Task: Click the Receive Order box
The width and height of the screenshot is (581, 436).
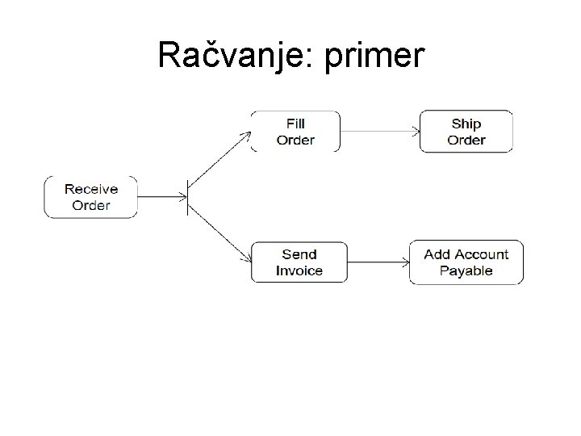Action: click(x=91, y=197)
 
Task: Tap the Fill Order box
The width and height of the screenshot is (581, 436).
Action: click(x=295, y=131)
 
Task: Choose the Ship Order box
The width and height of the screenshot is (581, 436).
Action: click(x=466, y=131)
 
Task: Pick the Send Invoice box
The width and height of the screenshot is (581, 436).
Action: click(x=299, y=262)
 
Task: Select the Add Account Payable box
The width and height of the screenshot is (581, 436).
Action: click(x=466, y=262)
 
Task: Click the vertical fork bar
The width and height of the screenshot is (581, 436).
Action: click(x=187, y=196)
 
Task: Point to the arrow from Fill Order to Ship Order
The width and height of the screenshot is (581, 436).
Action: click(x=379, y=130)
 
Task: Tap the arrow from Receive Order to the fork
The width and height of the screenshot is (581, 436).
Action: click(x=161, y=196)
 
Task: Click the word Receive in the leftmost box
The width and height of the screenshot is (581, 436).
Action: click(x=91, y=189)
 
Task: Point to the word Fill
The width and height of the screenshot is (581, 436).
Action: click(x=295, y=124)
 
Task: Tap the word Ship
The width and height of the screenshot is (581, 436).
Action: click(x=466, y=124)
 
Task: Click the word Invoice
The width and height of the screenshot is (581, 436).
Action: click(x=299, y=270)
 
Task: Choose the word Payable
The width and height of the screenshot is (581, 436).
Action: click(x=466, y=270)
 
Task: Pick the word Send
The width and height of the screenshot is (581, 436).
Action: click(x=299, y=254)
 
